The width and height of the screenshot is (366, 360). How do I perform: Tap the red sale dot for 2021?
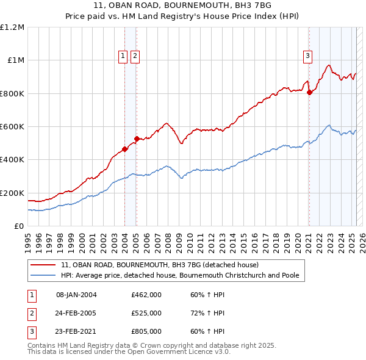point(309,93)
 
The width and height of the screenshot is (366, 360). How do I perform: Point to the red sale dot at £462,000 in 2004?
point(124,148)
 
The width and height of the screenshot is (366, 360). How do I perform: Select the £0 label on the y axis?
point(20,226)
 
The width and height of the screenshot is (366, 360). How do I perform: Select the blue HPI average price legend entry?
point(180,275)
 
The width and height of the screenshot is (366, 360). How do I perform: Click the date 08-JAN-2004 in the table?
point(76,295)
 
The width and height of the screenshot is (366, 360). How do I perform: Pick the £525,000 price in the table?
point(146,313)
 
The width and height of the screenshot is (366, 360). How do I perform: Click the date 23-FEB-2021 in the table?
point(76,331)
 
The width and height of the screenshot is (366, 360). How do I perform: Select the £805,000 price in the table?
point(146,331)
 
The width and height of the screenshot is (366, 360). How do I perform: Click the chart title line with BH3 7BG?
point(183,5)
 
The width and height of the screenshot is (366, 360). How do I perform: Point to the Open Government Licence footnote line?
point(129,352)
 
